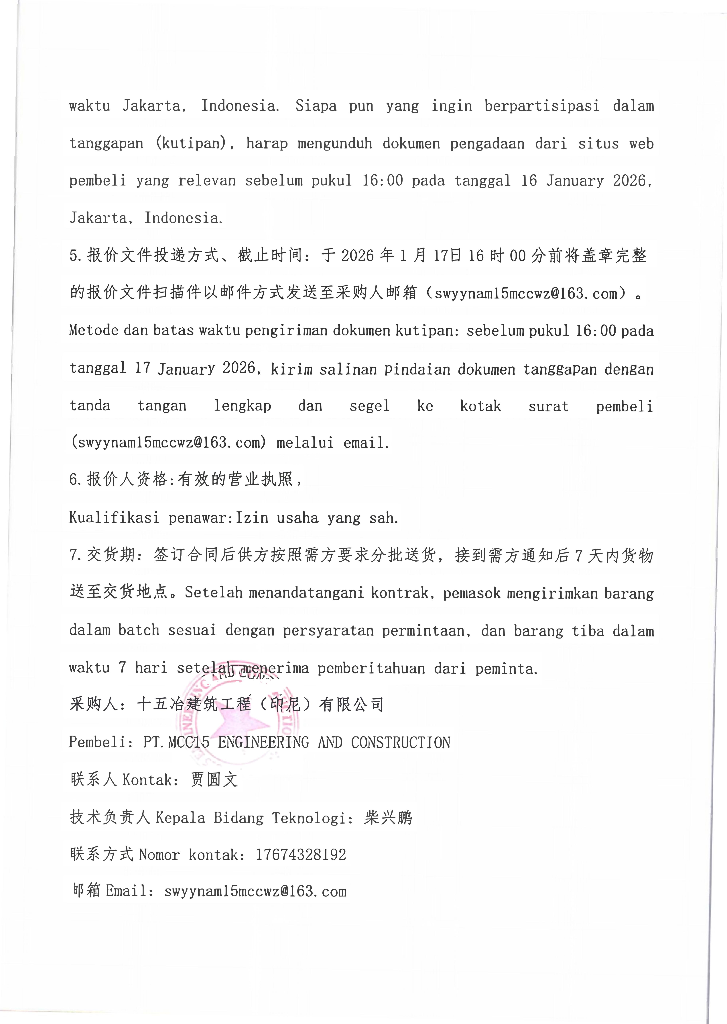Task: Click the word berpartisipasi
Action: coord(542,106)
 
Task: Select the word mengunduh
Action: coord(334,144)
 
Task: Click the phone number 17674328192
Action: coord(301,855)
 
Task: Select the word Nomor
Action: coord(159,855)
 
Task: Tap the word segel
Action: coord(369,406)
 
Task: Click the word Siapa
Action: coord(316,106)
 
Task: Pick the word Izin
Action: coord(252,518)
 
